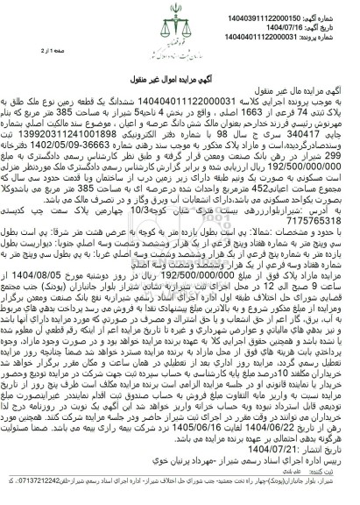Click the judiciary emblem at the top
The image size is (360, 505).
click(180, 26)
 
